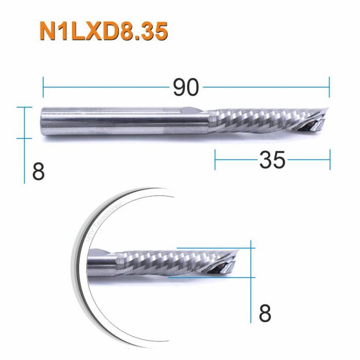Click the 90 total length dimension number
click(x=185, y=88)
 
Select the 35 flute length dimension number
click(x=272, y=160)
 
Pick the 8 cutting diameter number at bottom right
click(x=264, y=313)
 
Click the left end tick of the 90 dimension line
click(x=43, y=87)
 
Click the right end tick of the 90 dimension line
click(x=329, y=87)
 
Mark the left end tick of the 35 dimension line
click(x=215, y=160)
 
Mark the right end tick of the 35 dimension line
click(x=330, y=160)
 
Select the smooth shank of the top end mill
click(x=118, y=122)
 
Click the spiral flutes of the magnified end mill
click(x=170, y=260)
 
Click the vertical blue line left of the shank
click(x=24, y=144)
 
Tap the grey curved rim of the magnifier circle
click(x=82, y=273)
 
